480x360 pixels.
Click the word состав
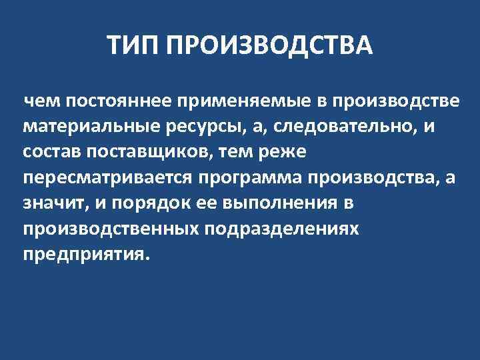(x=51, y=153)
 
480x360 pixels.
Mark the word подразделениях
(x=285, y=229)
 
